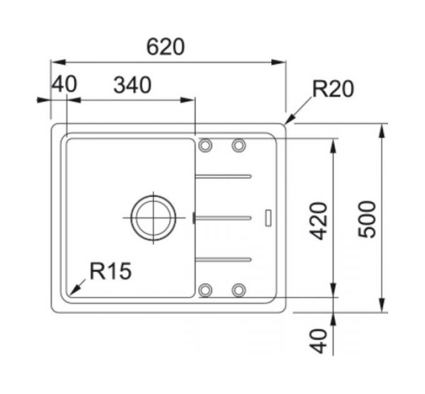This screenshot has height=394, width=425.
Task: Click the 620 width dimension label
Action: [x=166, y=47]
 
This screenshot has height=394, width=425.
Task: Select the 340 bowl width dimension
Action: [x=132, y=85]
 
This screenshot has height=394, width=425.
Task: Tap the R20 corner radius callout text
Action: [x=333, y=89]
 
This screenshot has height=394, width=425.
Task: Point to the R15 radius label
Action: [x=111, y=271]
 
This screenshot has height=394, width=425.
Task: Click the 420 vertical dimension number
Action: [x=319, y=221]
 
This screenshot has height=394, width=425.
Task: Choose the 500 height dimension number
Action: [x=367, y=220]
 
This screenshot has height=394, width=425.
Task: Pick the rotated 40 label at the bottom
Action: [x=319, y=341]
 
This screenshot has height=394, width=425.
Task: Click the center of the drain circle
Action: [x=153, y=218]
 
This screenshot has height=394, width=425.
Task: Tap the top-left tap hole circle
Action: [x=205, y=145]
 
